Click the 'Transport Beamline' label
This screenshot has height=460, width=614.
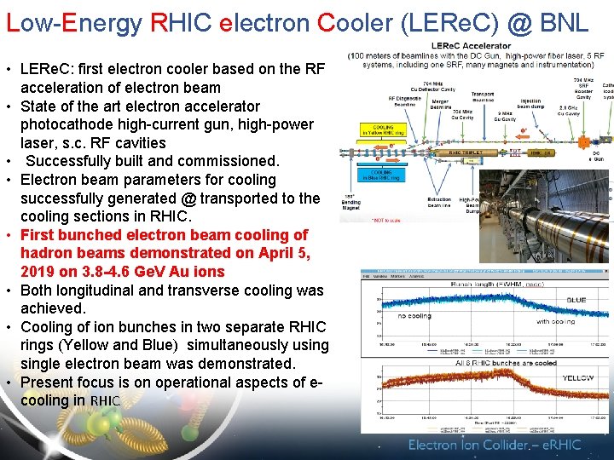tap(483, 97)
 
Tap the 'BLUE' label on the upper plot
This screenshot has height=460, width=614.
tap(576, 300)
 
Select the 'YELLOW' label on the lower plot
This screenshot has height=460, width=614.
tap(579, 377)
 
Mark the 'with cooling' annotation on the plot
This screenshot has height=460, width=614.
tap(555, 321)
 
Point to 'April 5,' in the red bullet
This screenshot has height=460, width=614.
tap(284, 253)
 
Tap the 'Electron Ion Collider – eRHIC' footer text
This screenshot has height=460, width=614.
tap(494, 445)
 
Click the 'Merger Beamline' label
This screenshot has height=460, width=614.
tap(440, 104)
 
